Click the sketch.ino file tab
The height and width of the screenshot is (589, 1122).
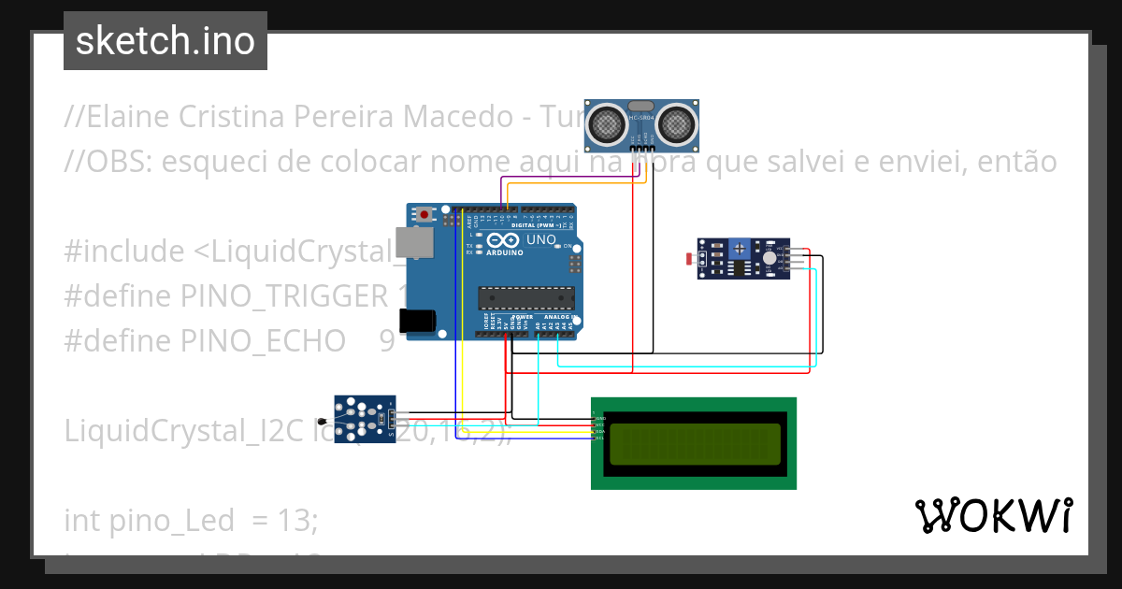tap(165, 41)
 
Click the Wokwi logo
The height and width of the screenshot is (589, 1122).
tap(993, 515)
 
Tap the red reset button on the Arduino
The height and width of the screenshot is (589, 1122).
tap(425, 214)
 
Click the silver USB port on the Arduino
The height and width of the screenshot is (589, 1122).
tap(409, 243)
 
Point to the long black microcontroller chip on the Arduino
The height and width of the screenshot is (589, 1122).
tap(524, 297)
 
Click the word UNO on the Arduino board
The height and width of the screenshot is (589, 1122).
tap(541, 240)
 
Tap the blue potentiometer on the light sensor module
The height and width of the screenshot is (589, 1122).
tap(740, 248)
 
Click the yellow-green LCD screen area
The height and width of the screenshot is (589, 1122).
tap(694, 444)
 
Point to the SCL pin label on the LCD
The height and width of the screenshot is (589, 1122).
tap(600, 438)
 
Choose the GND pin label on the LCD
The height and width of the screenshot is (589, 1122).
tap(600, 418)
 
